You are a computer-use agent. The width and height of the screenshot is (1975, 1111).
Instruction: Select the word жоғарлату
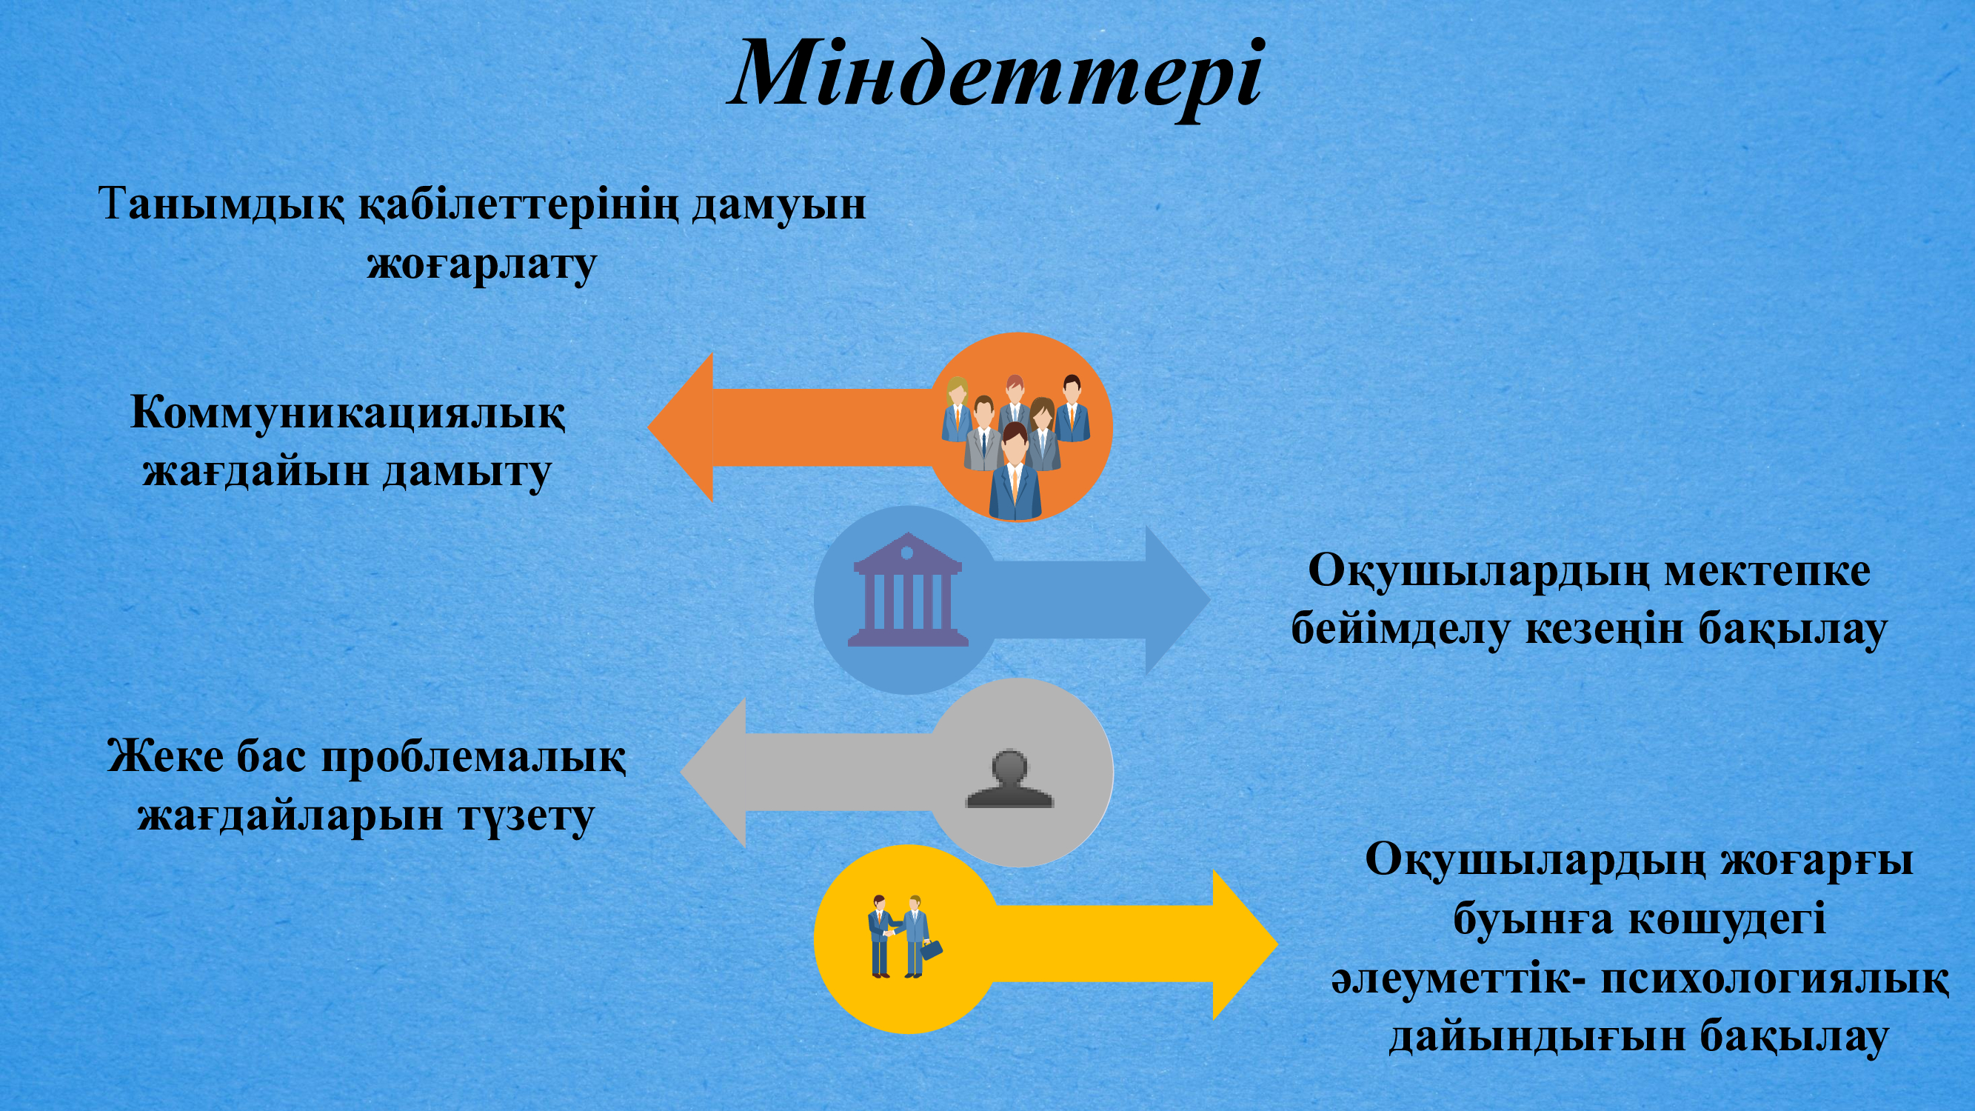click(481, 266)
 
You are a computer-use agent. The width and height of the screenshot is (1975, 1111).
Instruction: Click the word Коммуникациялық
click(348, 415)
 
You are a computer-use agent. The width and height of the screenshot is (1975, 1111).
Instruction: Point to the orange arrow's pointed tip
click(649, 427)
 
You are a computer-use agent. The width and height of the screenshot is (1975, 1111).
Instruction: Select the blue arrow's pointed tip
click(1209, 600)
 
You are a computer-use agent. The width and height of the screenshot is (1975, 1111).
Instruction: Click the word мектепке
click(1766, 572)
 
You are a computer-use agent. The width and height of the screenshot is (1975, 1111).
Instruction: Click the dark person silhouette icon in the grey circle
click(1009, 778)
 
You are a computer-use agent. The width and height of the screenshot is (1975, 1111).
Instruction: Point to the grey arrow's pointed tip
click(682, 772)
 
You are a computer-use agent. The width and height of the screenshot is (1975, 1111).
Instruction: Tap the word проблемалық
click(473, 758)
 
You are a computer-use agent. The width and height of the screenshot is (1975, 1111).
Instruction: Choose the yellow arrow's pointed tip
click(1277, 944)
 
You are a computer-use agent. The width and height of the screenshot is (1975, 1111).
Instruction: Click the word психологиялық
click(1774, 981)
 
